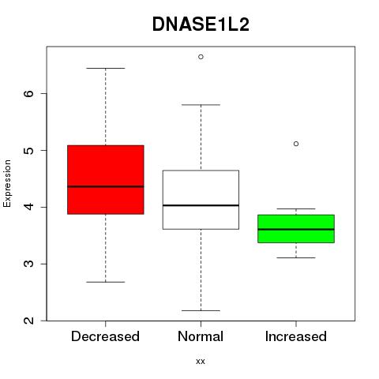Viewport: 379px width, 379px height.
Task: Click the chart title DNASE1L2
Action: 201,24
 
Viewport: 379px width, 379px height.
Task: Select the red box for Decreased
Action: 106,179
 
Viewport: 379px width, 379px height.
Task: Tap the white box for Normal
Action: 201,200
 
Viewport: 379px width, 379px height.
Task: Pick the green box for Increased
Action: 296,229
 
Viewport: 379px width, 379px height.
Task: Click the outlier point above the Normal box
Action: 201,57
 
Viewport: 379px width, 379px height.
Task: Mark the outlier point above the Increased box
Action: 296,144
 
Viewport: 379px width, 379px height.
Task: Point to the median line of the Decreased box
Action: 106,186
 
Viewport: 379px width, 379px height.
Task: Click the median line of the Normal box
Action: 201,205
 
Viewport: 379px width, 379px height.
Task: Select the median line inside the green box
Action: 296,230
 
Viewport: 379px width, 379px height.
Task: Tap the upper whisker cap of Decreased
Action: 106,68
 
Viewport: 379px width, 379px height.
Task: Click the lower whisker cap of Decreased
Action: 106,282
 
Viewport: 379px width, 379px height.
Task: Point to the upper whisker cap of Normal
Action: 201,105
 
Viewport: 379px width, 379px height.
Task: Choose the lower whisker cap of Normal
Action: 201,311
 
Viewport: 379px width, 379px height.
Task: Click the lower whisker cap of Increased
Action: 296,257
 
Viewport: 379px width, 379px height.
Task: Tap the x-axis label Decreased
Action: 105,336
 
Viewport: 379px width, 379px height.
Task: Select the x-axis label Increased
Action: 296,336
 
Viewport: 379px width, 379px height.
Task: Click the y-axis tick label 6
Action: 28,94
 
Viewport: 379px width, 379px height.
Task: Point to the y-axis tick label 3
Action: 28,264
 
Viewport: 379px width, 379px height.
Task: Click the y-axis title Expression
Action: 7,183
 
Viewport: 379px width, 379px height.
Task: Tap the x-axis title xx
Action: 201,362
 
